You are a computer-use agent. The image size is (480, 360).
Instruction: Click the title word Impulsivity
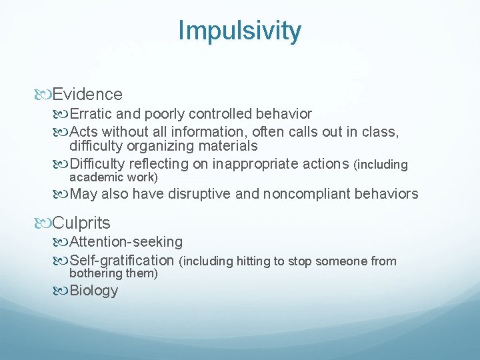[x=239, y=30]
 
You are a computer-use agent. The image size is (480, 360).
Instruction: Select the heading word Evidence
[x=87, y=94]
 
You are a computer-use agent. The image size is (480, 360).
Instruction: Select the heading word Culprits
[x=81, y=222]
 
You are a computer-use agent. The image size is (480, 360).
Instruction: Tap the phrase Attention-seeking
[x=126, y=241]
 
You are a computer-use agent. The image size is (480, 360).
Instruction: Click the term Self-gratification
[x=121, y=260]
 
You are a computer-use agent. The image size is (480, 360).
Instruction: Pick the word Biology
[x=94, y=290]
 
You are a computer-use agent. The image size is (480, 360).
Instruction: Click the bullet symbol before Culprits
[x=45, y=222]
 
